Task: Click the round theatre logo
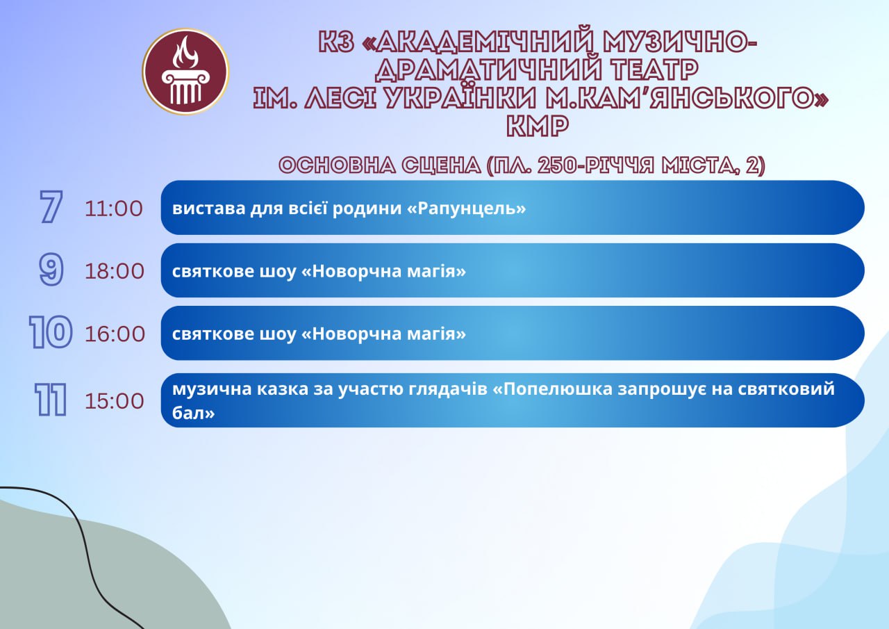[185, 72]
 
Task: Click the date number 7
[51, 206]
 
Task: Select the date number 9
[51, 269]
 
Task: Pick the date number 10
[51, 332]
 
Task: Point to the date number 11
[51, 400]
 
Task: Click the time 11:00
[114, 209]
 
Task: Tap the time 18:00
[115, 271]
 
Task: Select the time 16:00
[115, 334]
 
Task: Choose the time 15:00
[115, 400]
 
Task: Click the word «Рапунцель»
[467, 209]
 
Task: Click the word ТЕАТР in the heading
[654, 70]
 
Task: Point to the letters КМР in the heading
[538, 126]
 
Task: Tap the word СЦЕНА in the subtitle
[441, 165]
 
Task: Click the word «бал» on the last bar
[193, 413]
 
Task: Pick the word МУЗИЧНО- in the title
[679, 42]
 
